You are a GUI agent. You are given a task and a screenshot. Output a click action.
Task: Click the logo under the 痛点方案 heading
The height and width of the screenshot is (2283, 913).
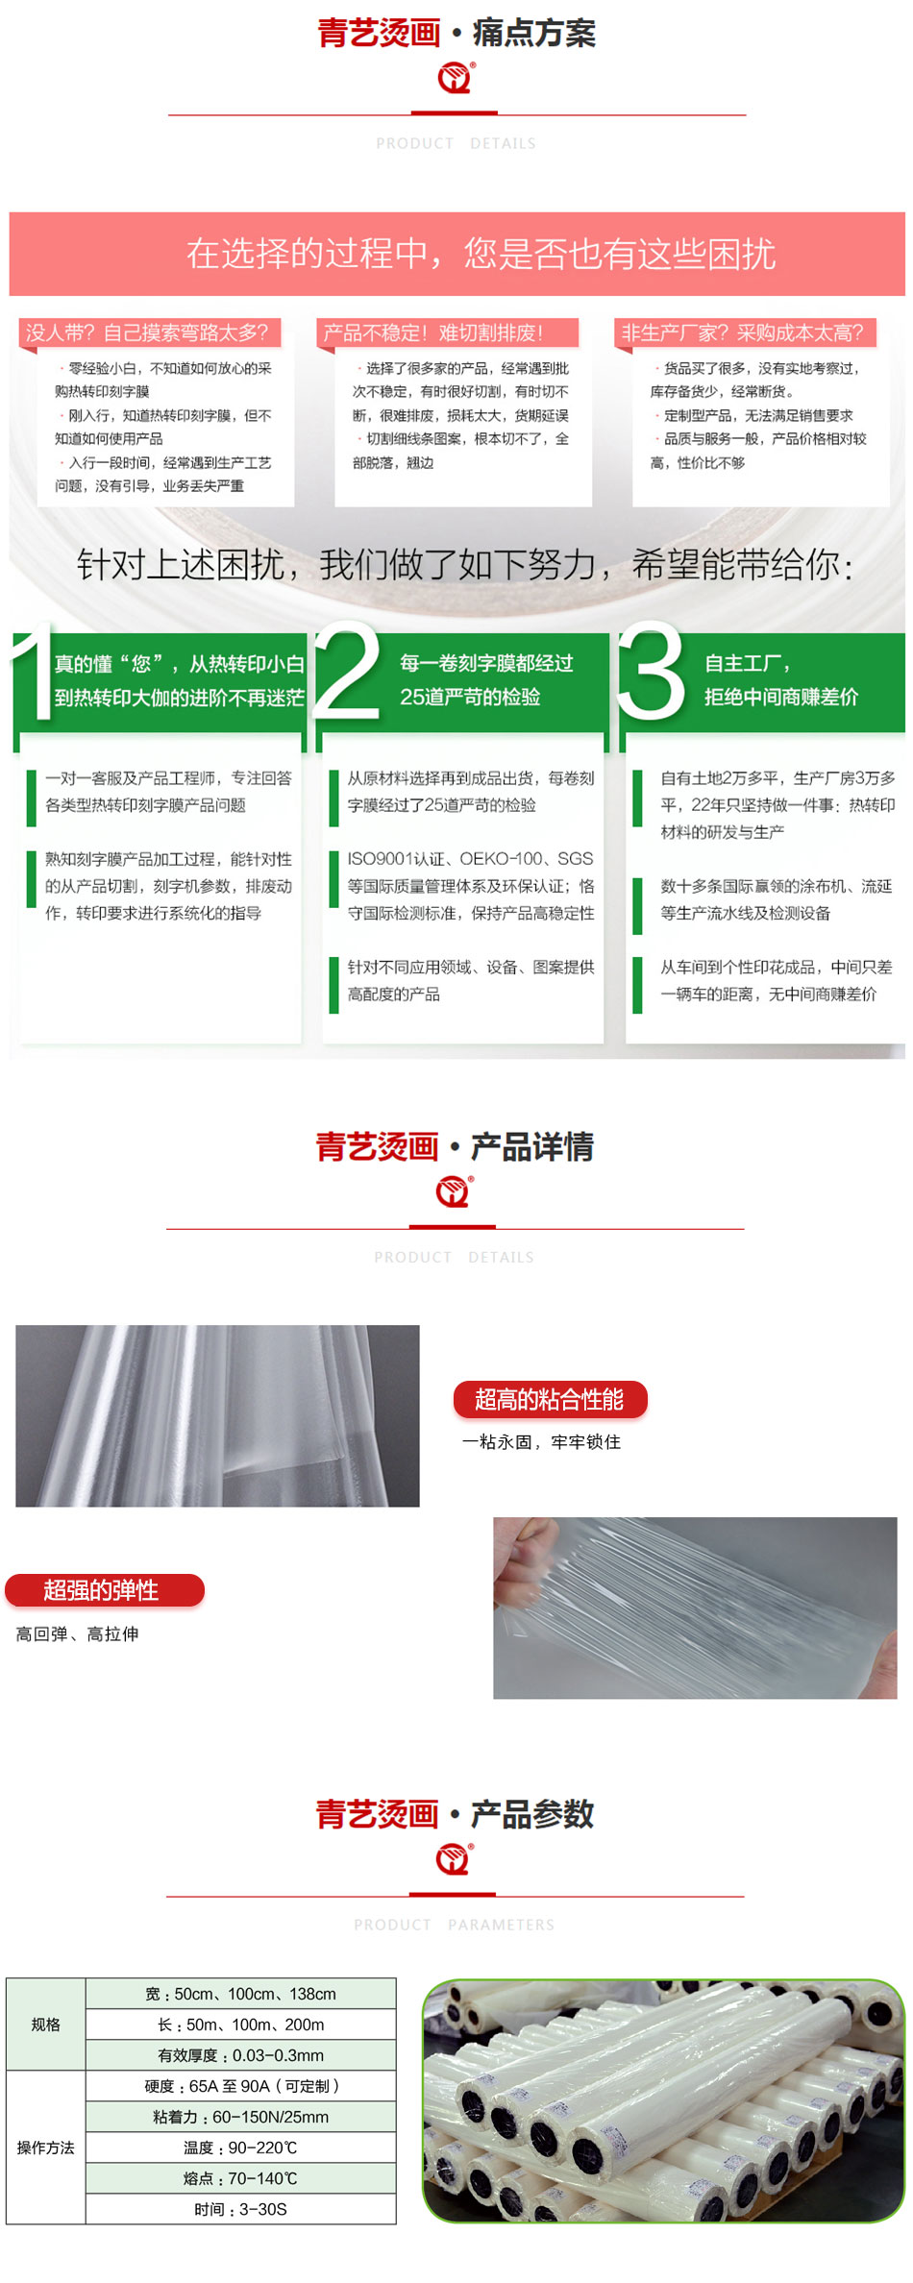[x=456, y=78]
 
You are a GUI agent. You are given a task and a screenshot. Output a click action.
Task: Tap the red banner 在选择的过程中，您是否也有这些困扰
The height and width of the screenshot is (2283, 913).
[x=457, y=254]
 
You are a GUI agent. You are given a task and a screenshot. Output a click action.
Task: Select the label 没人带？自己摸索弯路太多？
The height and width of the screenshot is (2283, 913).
[x=150, y=332]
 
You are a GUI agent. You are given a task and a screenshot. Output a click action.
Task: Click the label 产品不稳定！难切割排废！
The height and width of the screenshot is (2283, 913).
[x=448, y=332]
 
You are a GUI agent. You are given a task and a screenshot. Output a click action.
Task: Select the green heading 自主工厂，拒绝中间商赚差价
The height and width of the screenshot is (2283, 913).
[x=781, y=680]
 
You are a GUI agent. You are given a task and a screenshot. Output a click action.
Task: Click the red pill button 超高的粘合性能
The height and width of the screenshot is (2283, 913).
[x=551, y=1399]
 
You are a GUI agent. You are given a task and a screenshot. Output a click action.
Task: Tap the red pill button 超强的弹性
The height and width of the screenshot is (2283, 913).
[x=105, y=1590]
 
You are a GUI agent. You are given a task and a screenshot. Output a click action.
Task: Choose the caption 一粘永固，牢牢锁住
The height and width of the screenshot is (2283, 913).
[x=541, y=1441]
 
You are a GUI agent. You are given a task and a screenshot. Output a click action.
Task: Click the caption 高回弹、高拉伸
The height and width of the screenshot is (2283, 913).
[x=77, y=1633]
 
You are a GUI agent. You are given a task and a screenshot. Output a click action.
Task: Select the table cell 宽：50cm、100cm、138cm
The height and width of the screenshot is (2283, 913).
[x=241, y=1994]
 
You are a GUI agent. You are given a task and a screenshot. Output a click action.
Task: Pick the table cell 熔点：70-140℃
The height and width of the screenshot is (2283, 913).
[x=241, y=2178]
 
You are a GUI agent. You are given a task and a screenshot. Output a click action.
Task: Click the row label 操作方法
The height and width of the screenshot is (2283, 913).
[x=45, y=2148]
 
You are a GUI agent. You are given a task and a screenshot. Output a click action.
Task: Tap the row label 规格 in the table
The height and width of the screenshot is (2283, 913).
[x=45, y=2025]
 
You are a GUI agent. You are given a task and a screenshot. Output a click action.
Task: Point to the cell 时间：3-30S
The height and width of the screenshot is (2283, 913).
[x=241, y=2209]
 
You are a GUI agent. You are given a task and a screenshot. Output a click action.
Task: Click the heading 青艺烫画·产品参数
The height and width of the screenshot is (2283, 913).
[x=456, y=1814]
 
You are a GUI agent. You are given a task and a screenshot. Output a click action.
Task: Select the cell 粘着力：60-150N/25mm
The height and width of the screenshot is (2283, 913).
[x=241, y=2117]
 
